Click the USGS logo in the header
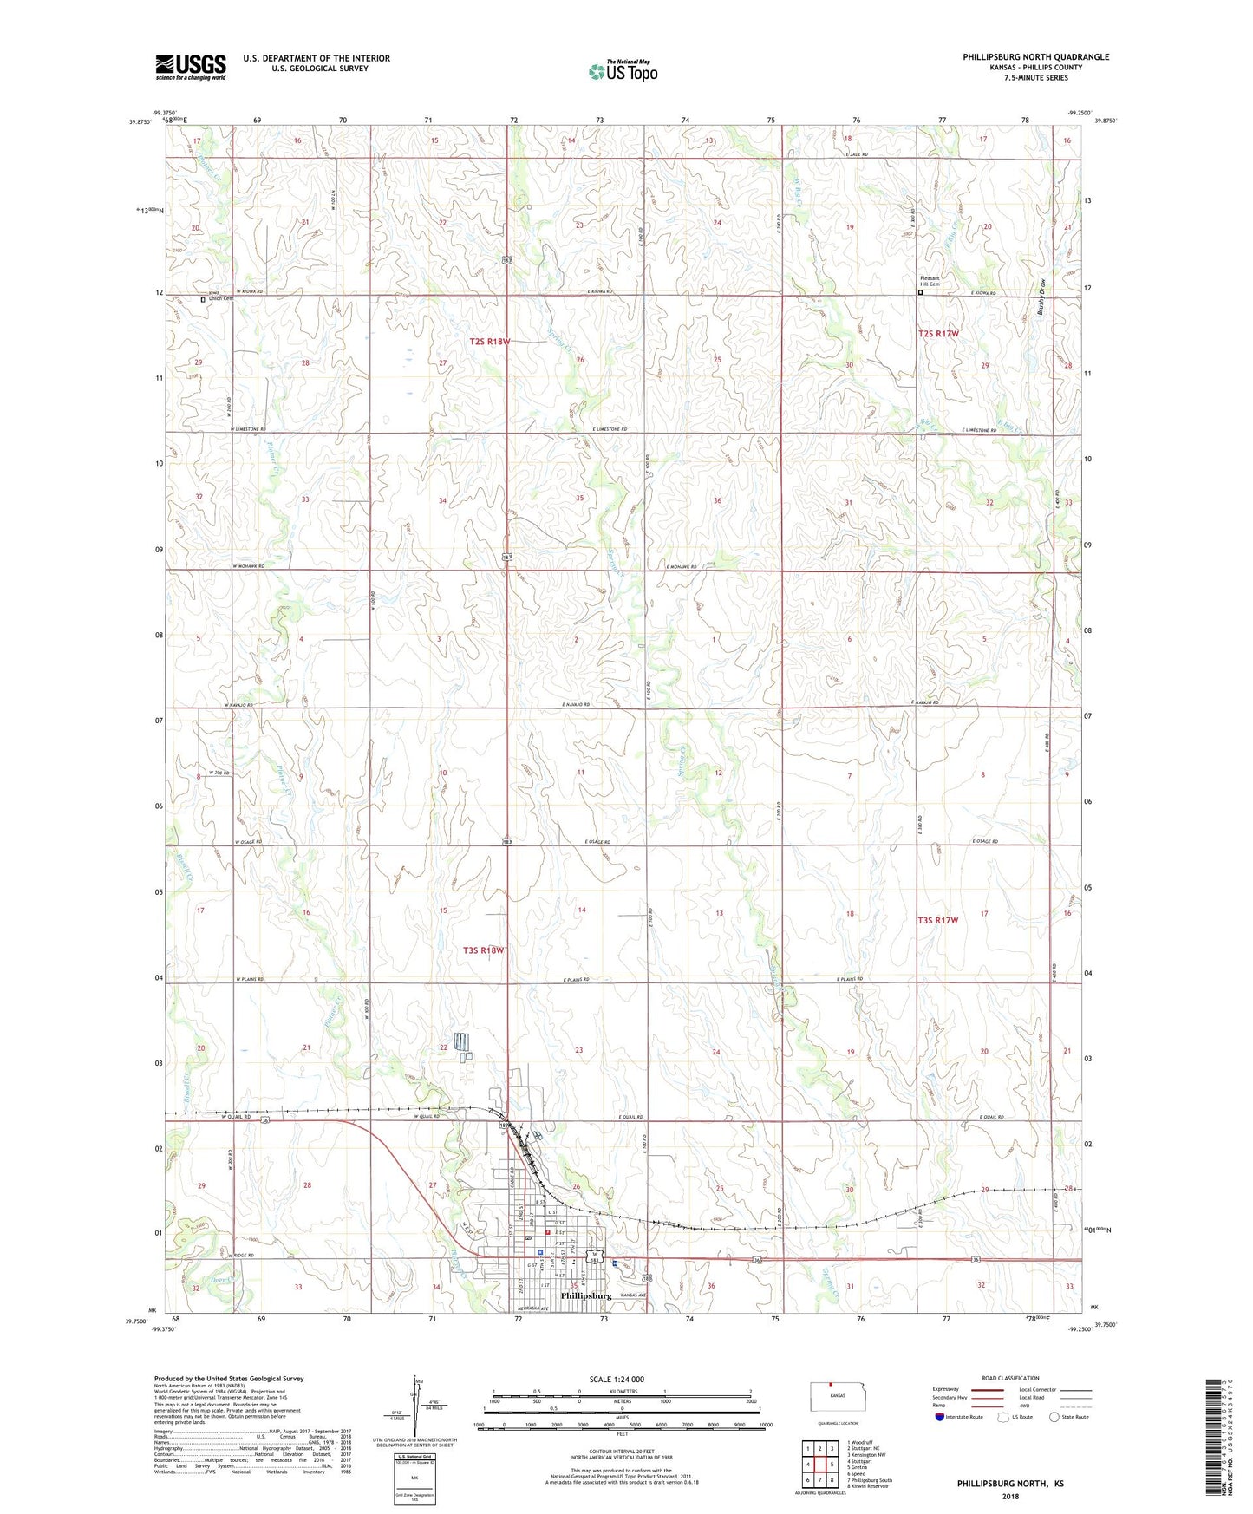(191, 67)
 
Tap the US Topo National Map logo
(623, 71)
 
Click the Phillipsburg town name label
(586, 1295)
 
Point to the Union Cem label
(222, 299)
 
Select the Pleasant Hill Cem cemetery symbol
(921, 293)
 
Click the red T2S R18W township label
(490, 342)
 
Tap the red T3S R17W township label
(938, 920)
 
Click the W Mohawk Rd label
(248, 566)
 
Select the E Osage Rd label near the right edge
(985, 842)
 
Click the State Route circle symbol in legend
(1054, 1417)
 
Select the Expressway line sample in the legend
(989, 1389)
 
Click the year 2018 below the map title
(1010, 1495)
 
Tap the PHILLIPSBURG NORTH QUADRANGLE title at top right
(1035, 57)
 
